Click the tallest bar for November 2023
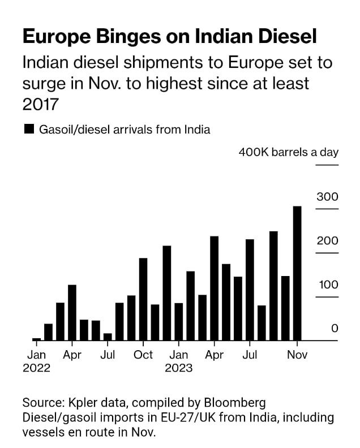coord(297,273)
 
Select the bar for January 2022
coord(37,339)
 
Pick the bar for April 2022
coord(72,312)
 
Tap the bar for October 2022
coord(143,299)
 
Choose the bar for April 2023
coord(214,288)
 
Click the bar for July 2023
coord(250,290)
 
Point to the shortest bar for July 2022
coord(108,337)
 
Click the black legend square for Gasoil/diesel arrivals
coord(29,130)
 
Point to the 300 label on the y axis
coord(327,197)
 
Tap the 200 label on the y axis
coord(327,241)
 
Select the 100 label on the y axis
coord(327,285)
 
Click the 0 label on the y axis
coord(335,328)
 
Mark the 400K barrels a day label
coord(288,152)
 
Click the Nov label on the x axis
coord(297,355)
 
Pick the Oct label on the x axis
coord(143,355)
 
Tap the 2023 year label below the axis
coord(179,368)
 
